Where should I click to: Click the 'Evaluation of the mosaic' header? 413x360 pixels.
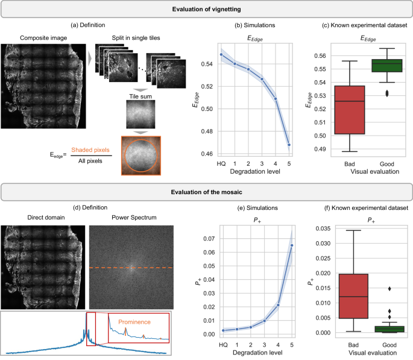click(x=206, y=193)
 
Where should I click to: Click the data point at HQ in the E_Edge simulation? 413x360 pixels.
click(x=221, y=55)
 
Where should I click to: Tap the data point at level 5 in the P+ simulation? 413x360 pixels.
click(x=292, y=245)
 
